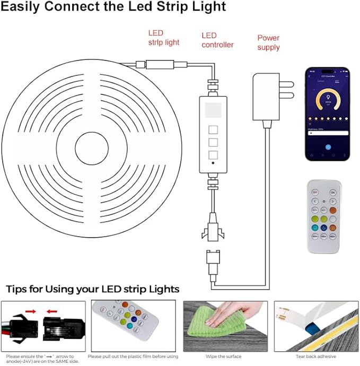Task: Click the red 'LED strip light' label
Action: coord(163,38)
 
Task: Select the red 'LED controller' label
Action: coord(217,40)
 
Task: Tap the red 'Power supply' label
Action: coord(268,42)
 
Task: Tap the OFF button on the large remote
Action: coord(315,192)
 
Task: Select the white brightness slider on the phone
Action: coord(327,133)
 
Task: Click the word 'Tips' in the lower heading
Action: coord(18,289)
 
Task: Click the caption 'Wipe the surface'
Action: coord(224,356)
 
